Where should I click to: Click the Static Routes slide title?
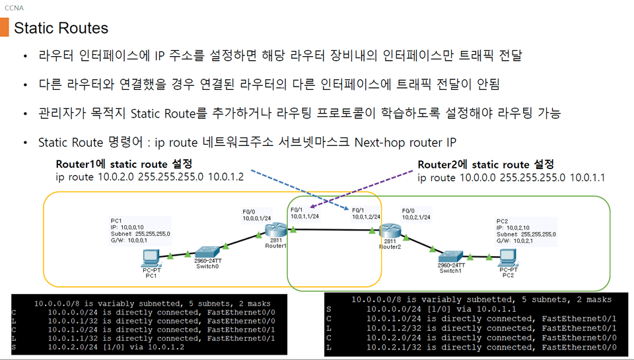pos(61,28)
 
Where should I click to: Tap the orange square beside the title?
pos(5,28)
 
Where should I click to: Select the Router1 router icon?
pos(274,231)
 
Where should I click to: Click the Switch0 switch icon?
pos(207,251)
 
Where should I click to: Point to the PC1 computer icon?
pos(152,256)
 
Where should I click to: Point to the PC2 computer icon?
pos(508,258)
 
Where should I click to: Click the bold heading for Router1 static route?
pos(124,163)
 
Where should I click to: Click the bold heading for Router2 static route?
pos(485,164)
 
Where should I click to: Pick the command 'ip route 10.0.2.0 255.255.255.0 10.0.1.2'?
pos(150,177)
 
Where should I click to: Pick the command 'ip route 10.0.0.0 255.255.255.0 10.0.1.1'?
pos(511,178)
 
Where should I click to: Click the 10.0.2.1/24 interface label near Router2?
pos(416,216)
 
